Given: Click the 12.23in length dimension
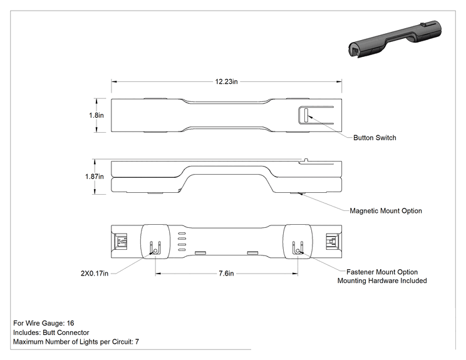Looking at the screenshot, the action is click(227, 81).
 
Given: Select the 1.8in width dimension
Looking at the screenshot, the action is click(96, 115).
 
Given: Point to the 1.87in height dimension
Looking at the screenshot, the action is click(95, 177).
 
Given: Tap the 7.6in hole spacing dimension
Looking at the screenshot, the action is click(227, 273).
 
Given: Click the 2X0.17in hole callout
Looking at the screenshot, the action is click(95, 273).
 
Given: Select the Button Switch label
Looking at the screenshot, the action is click(375, 138).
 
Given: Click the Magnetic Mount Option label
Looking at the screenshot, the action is click(386, 211).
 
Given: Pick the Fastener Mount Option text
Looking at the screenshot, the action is click(382, 272).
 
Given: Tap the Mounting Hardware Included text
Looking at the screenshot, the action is click(382, 280).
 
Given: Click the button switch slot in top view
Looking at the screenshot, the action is click(306, 115).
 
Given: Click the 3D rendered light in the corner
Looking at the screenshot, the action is click(395, 39).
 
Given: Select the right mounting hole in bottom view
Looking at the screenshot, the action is click(298, 252).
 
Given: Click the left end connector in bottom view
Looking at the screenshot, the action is click(121, 242).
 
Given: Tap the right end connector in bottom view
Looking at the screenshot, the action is click(332, 242).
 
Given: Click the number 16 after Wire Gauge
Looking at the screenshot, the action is click(70, 323).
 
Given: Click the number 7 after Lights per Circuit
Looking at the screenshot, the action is click(137, 342).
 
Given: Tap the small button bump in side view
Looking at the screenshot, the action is click(304, 160).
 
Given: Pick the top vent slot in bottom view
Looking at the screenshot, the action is click(182, 234).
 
